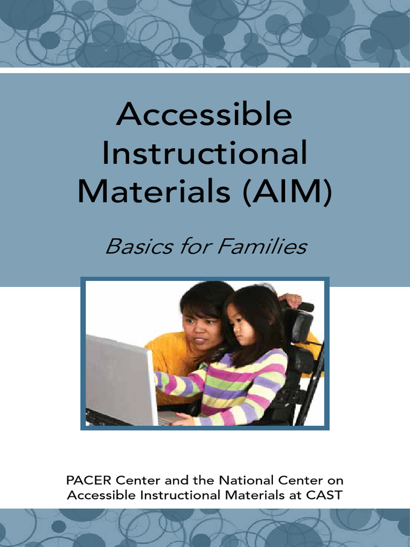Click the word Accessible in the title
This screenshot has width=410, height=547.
tap(204, 114)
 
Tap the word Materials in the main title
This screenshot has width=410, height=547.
tap(153, 191)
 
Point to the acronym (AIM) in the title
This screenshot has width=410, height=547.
tap(286, 191)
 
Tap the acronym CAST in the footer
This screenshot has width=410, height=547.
tap(325, 495)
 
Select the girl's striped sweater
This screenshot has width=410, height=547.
tap(251, 382)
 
